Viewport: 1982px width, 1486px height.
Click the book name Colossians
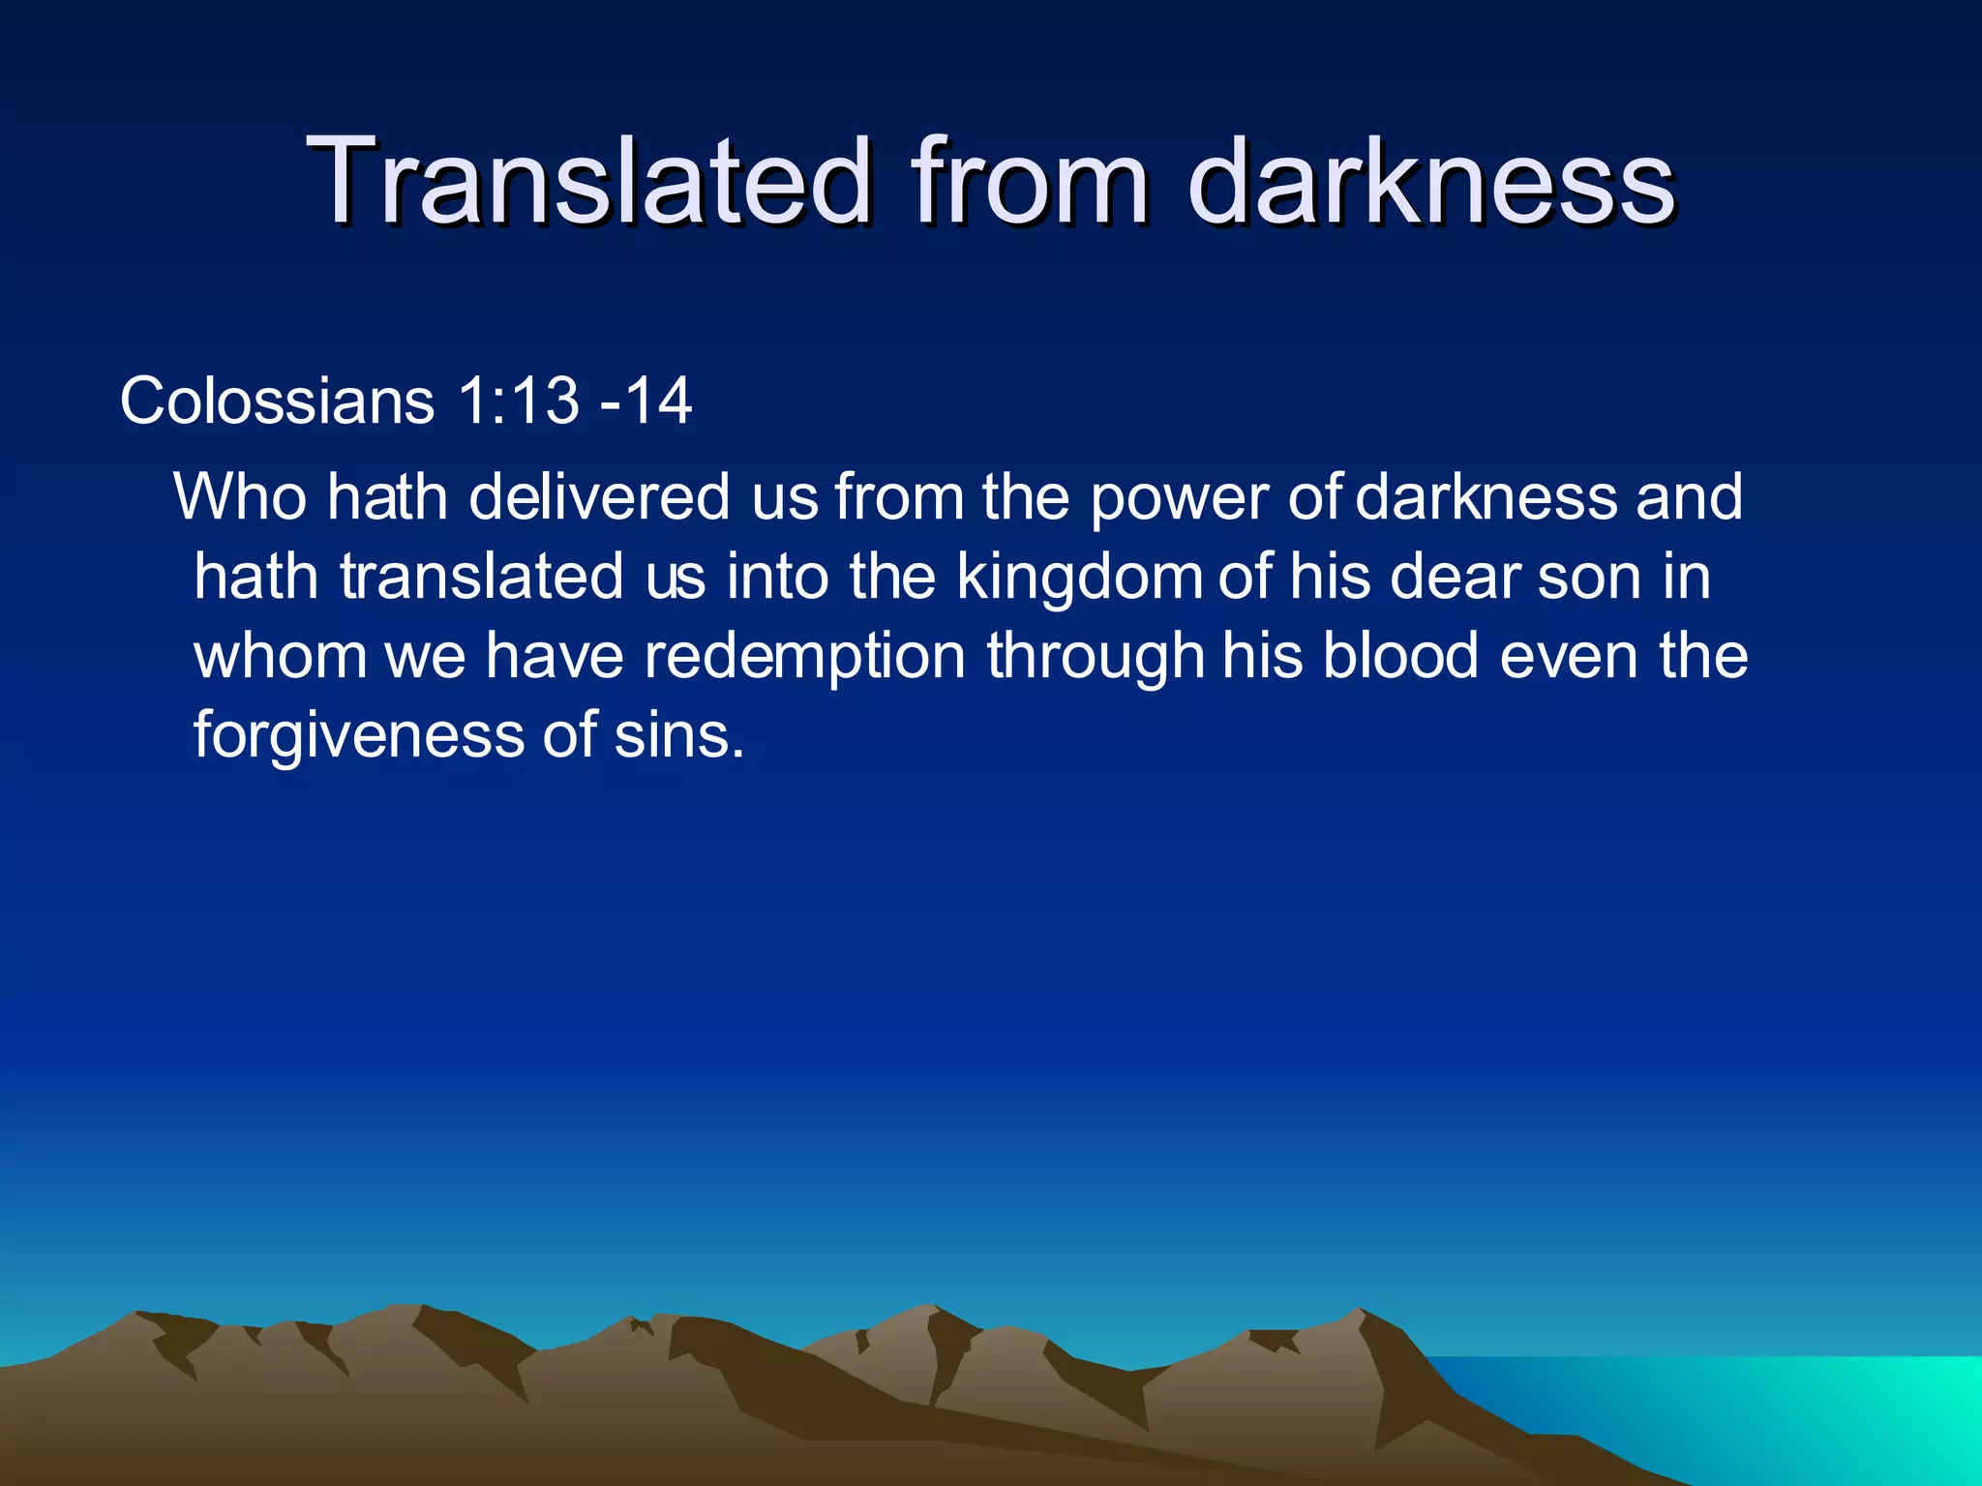[277, 401]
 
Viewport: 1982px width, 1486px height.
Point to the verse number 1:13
[518, 401]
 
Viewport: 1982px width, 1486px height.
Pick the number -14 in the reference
[646, 401]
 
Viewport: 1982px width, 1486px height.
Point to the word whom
[280, 656]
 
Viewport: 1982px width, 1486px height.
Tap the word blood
[1400, 656]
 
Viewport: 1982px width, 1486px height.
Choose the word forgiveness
[358, 735]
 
